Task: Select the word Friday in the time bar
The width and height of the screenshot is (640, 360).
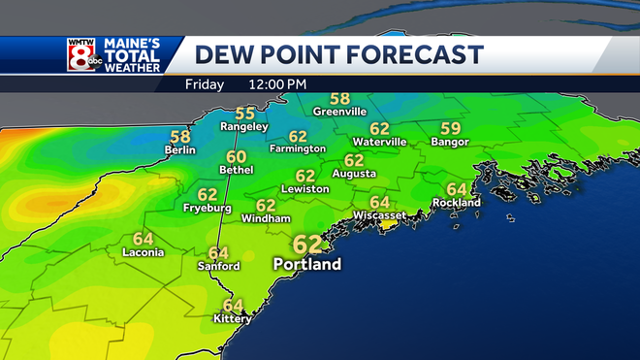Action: (x=205, y=84)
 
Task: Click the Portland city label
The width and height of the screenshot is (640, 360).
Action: (x=307, y=263)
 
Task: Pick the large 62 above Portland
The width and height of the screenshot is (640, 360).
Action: (x=307, y=244)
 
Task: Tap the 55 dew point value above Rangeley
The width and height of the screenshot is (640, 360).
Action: (x=245, y=113)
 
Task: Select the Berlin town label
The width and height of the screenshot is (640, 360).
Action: (x=180, y=150)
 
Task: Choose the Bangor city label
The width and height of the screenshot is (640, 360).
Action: (x=450, y=142)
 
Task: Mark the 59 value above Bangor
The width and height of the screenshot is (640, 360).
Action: (x=450, y=128)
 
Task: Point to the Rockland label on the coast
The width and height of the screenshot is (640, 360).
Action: (x=457, y=203)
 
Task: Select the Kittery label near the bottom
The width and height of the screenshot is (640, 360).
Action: (x=233, y=318)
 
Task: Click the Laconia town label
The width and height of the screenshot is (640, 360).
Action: (x=143, y=252)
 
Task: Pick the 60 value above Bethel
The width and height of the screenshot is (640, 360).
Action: (x=236, y=156)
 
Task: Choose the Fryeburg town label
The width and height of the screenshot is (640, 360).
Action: (x=207, y=208)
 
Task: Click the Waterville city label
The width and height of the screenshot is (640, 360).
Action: (x=379, y=142)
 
